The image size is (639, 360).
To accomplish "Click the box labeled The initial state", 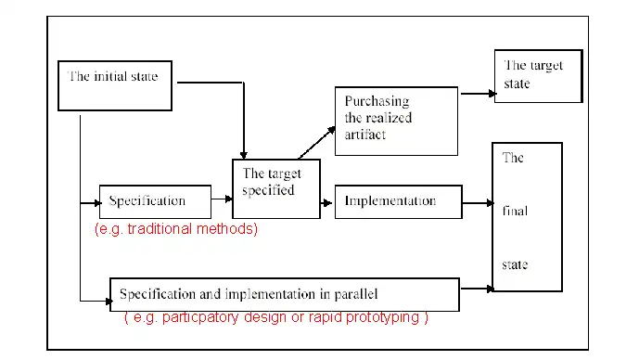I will coord(117,89).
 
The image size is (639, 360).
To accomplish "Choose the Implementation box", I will coord(398,200).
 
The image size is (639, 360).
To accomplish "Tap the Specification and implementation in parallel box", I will coord(285,294).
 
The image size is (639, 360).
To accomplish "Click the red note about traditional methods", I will coord(176,228).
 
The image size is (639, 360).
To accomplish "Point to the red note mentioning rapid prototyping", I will coord(275,317).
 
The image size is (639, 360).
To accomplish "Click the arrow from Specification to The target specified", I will coord(221,199).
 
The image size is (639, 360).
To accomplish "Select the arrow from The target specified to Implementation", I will coord(327,200).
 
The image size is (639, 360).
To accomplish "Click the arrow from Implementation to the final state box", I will coord(477,201).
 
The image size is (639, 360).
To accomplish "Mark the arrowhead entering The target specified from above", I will coord(243,154).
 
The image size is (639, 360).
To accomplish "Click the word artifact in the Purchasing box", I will coord(365,135).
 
